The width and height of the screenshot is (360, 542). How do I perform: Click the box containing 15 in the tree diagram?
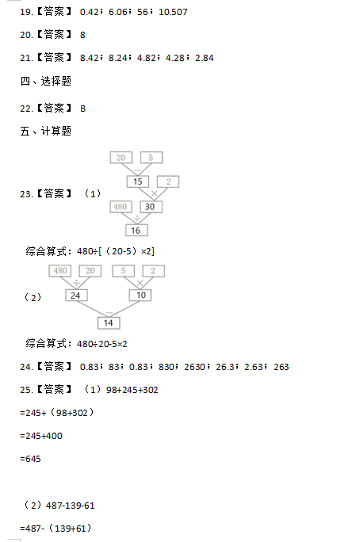click(x=138, y=181)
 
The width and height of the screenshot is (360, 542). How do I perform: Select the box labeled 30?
click(x=151, y=207)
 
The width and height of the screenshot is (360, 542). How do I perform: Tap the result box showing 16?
click(x=136, y=231)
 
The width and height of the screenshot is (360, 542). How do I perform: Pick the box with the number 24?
click(x=76, y=296)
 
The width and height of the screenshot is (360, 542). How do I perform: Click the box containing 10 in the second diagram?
click(x=140, y=295)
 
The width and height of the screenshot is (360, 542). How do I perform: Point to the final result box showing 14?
click(x=109, y=323)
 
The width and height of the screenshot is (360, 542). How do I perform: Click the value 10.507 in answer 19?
click(x=173, y=12)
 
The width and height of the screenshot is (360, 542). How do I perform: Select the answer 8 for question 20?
click(x=82, y=35)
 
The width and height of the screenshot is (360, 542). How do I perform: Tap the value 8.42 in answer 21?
click(x=90, y=58)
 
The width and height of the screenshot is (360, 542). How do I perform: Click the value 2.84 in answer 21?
click(x=205, y=58)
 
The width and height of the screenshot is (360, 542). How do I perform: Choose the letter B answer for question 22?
click(x=82, y=109)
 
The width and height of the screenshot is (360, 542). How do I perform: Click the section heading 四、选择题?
click(x=46, y=82)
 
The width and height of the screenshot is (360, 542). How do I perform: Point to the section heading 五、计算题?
click(x=46, y=132)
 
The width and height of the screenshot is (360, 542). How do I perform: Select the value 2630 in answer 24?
click(x=195, y=367)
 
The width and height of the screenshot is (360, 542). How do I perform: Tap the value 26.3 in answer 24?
click(x=225, y=367)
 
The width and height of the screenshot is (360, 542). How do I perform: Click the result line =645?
click(x=30, y=459)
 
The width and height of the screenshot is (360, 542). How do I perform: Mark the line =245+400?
click(x=41, y=436)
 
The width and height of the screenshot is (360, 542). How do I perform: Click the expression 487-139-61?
click(x=71, y=506)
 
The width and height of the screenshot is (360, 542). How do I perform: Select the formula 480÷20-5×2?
click(x=102, y=344)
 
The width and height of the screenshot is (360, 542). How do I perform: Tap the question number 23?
click(x=26, y=194)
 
